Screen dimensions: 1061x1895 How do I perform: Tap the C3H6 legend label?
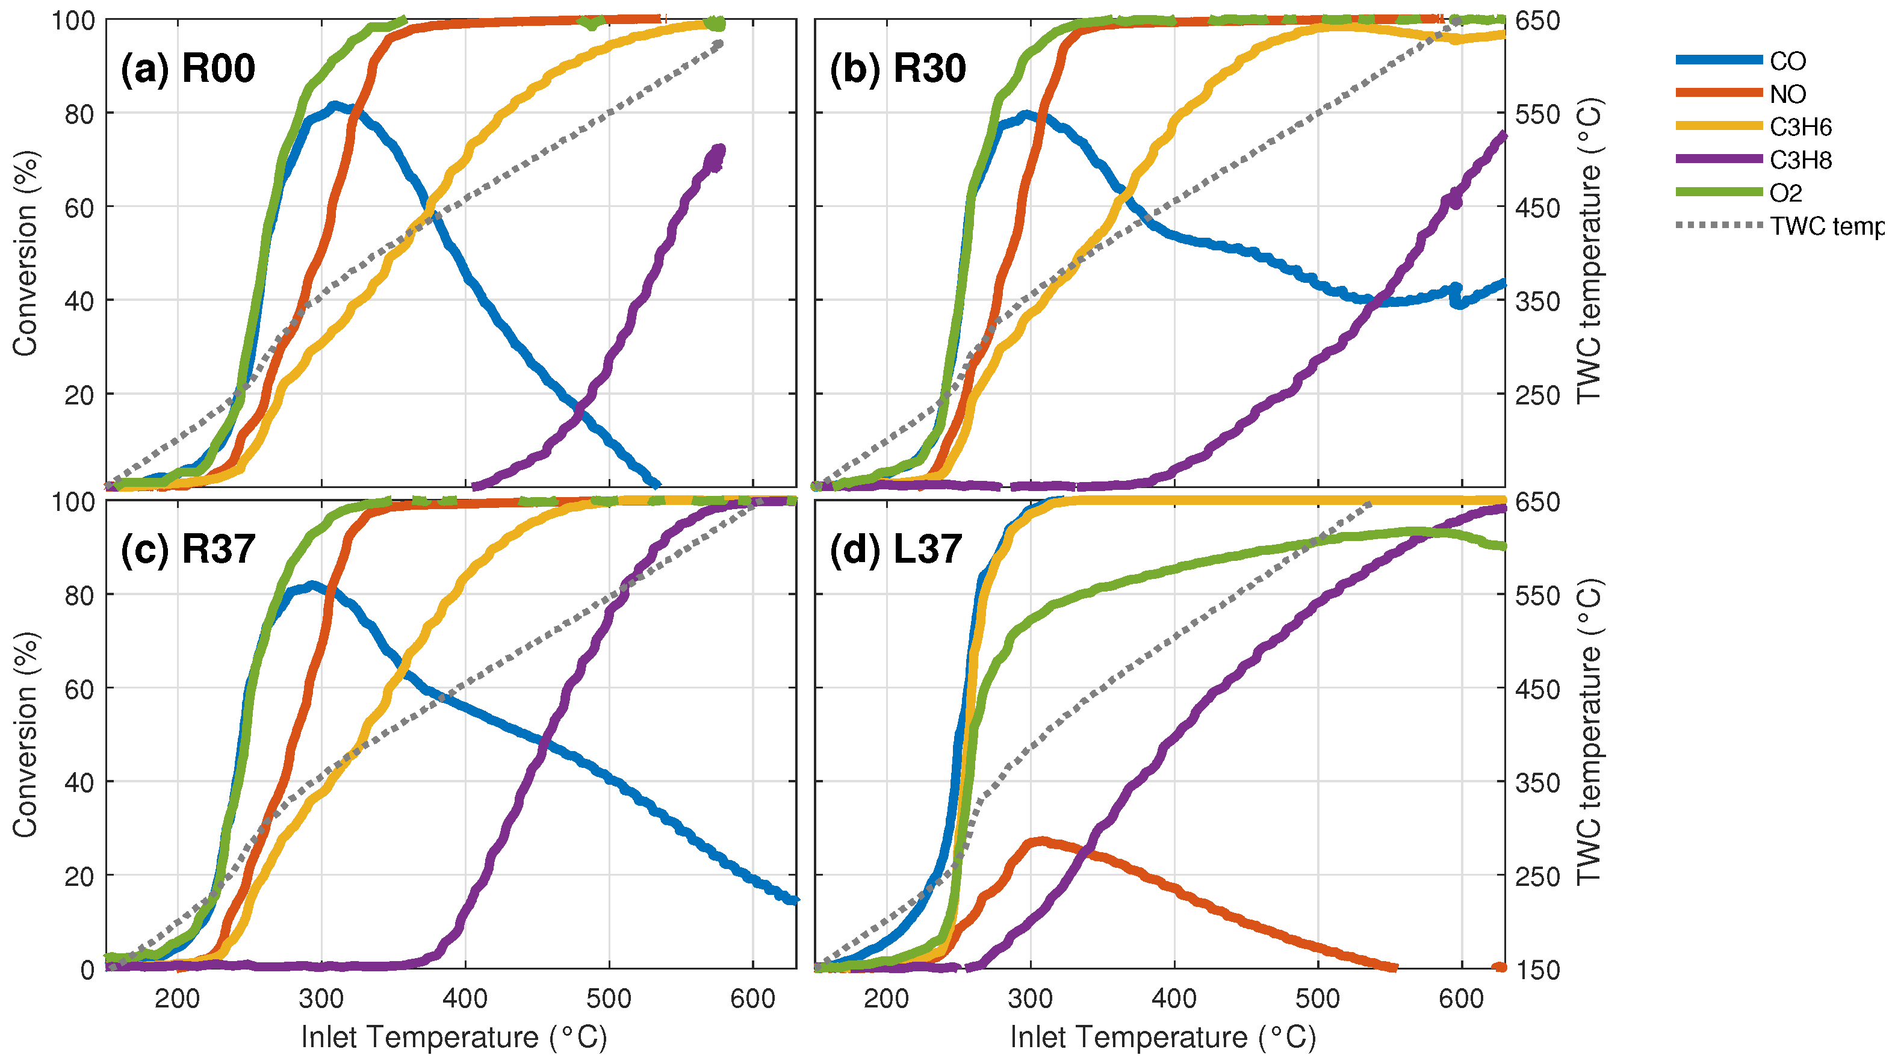click(1799, 127)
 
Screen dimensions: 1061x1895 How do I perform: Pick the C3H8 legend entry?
click(1799, 160)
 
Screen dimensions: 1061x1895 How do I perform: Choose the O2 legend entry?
click(1785, 193)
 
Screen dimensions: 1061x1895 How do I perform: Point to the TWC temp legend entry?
click(1825, 226)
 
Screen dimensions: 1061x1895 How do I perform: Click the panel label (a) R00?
click(188, 69)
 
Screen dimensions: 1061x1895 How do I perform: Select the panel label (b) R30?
click(898, 69)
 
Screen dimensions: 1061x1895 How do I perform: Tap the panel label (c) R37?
click(188, 549)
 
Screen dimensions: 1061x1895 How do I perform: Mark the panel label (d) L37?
click(895, 549)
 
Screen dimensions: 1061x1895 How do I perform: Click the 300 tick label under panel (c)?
click(321, 998)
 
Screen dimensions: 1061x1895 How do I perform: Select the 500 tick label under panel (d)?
click(1318, 998)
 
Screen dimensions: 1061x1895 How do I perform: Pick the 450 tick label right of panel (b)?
click(1537, 208)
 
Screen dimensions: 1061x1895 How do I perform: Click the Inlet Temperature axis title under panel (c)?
click(454, 1038)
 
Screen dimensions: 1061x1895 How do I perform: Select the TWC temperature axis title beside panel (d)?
click(1589, 732)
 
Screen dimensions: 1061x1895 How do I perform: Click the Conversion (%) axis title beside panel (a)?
click(25, 254)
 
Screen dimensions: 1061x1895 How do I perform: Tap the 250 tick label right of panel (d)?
click(1537, 876)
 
